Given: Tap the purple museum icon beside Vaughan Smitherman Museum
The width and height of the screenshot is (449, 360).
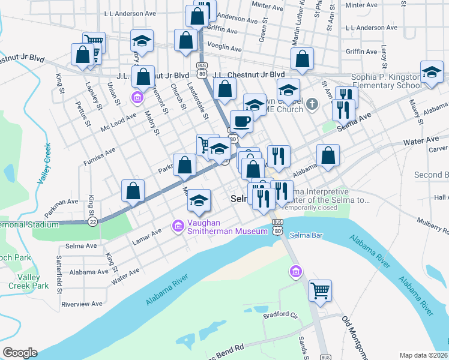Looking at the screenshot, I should coord(178,226).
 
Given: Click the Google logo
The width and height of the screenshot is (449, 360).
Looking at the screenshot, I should coord(20,353).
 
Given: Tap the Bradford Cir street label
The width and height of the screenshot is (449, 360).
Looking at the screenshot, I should coord(280,314).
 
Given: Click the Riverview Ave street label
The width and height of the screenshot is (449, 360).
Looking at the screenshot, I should coord(82,304).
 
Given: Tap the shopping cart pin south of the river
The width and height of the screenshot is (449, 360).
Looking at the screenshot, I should coord(321,290).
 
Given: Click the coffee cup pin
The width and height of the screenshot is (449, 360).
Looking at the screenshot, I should coord(241,121).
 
